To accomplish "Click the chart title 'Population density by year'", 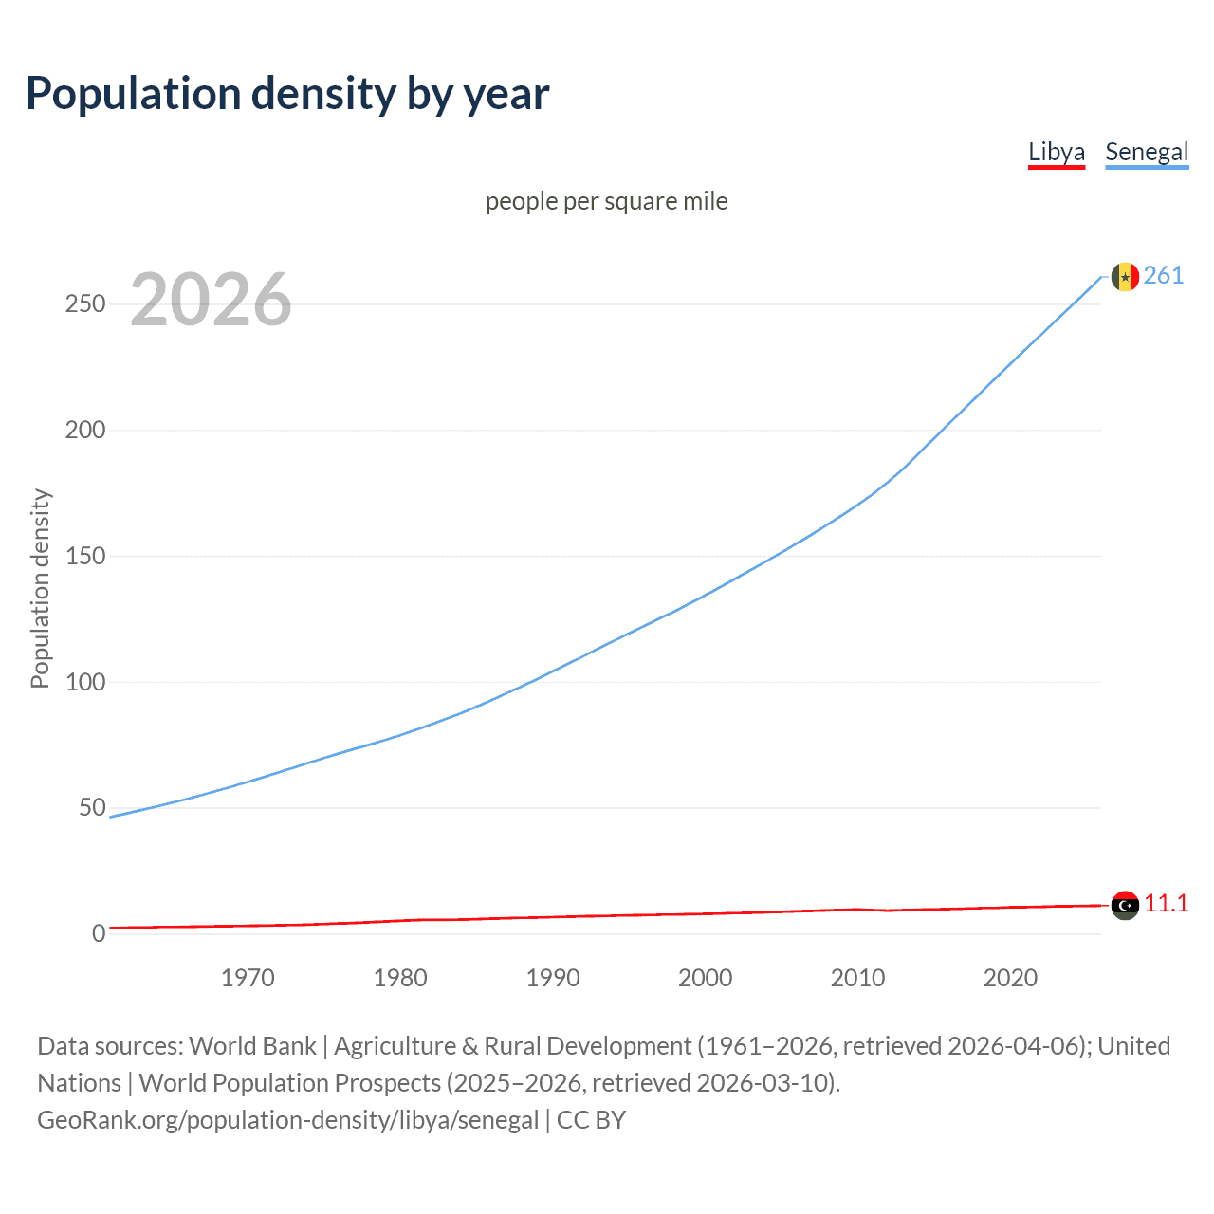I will tap(287, 94).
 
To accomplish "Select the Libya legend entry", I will tap(1056, 152).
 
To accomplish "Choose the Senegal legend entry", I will tap(1147, 152).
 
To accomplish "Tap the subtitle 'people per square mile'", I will tap(606, 202).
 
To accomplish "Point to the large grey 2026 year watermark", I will tap(211, 300).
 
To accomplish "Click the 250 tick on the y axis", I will tap(85, 304).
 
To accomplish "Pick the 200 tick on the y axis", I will tap(85, 431).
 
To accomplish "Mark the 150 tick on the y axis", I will tap(85, 557).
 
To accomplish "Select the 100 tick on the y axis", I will tap(85, 682).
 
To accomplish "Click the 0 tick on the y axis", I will tap(99, 934).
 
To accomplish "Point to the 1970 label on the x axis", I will tap(248, 978).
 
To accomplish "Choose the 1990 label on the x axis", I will tap(553, 978).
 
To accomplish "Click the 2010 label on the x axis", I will tap(857, 978).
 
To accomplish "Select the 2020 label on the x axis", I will tap(1010, 978).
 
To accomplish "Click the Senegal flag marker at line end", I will tap(1125, 277).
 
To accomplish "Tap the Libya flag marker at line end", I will tap(1125, 906).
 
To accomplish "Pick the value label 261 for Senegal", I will tap(1164, 276).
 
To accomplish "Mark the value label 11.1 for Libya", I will tap(1166, 904).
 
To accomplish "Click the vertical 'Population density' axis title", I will tap(40, 588).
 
